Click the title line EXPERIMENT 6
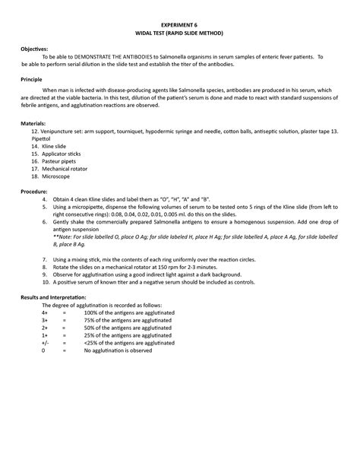[180, 25]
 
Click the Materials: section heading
[34, 122]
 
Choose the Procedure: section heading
[36, 192]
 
